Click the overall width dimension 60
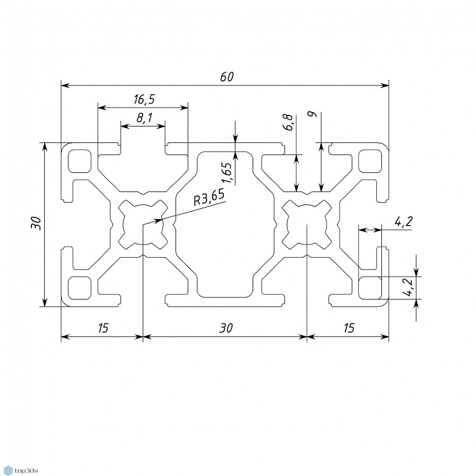pyautogui.click(x=227, y=77)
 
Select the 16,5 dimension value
pyautogui.click(x=144, y=99)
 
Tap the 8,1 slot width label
pyautogui.click(x=144, y=118)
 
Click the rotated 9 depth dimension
pyautogui.click(x=313, y=114)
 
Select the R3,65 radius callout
pyautogui.click(x=209, y=197)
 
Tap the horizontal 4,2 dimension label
pyautogui.click(x=403, y=222)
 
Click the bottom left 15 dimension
pyautogui.click(x=103, y=328)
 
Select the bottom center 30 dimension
pyautogui.click(x=226, y=328)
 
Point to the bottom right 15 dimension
pyautogui.click(x=349, y=328)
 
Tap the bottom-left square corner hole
pyautogui.click(x=79, y=288)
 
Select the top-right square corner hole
pyautogui.click(x=370, y=161)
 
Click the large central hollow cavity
pyautogui.click(x=225, y=224)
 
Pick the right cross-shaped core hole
pyautogui.click(x=307, y=224)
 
